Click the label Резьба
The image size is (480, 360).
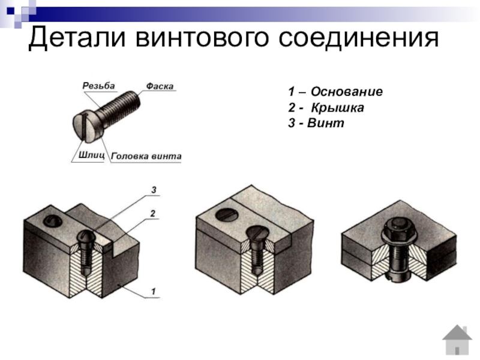[x=98, y=86]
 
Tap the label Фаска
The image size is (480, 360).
[x=160, y=86]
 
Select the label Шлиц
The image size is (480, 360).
[x=92, y=155]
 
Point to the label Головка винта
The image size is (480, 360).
[x=146, y=157]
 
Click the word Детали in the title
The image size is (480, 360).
[x=77, y=37]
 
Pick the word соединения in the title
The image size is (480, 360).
[x=358, y=38]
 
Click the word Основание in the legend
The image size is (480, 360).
[x=347, y=92]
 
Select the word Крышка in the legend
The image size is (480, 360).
[x=338, y=108]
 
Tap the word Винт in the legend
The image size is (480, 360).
[x=326, y=123]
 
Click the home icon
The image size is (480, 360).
[x=457, y=340]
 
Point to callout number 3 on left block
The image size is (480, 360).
[x=154, y=190]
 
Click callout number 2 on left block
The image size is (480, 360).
[x=153, y=214]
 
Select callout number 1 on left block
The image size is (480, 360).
[x=154, y=292]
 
